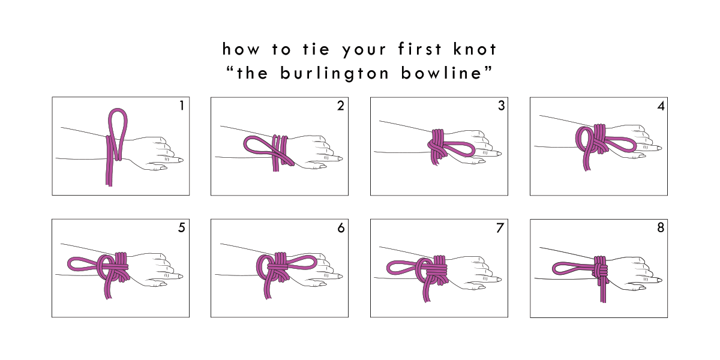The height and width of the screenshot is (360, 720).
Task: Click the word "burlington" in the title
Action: click(x=334, y=74)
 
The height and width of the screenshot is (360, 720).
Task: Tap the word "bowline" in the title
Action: click(x=442, y=73)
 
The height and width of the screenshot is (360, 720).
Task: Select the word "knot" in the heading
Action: click(x=475, y=49)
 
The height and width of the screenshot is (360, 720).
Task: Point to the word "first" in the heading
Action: click(x=419, y=49)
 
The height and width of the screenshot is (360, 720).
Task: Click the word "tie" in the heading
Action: click(x=316, y=49)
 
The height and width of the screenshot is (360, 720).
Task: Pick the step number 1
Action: click(x=182, y=106)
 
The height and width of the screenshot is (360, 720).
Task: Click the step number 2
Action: click(x=340, y=106)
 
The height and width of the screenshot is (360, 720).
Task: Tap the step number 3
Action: click(x=501, y=106)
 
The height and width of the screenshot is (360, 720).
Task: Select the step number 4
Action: click(x=661, y=106)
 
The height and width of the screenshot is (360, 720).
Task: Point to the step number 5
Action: click(x=182, y=227)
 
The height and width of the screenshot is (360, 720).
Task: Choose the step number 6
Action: click(x=341, y=228)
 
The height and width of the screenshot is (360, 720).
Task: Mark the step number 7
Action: click(x=500, y=228)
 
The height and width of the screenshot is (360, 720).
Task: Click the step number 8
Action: click(x=661, y=227)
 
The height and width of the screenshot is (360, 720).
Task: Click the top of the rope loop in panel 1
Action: click(x=118, y=110)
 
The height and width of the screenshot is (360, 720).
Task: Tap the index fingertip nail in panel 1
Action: click(x=181, y=160)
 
